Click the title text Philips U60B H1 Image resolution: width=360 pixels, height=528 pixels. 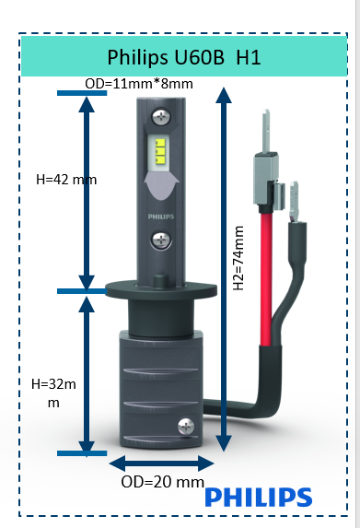pos(184,57)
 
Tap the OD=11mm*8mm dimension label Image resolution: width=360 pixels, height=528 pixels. pos(138,84)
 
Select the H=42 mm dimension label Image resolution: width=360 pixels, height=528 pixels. pos(65,179)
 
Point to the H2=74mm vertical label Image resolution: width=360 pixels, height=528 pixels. pos(238,259)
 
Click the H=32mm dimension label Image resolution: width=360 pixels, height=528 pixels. pos(54,393)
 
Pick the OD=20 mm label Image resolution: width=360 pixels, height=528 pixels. pos(162,482)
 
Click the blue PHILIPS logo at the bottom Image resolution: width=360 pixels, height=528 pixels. pos(258,498)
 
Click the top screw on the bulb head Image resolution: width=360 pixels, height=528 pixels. pos(164,117)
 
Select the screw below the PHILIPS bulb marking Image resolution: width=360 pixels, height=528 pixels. pos(164,241)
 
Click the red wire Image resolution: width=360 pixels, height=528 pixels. pos(273,276)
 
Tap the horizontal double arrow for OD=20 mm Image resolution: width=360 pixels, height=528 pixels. pos(162,463)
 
